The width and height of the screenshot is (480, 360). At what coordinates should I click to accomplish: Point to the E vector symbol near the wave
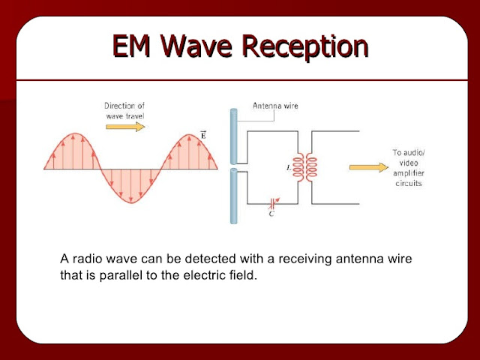[202, 135]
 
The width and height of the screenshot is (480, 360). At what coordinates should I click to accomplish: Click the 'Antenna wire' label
[274, 106]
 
